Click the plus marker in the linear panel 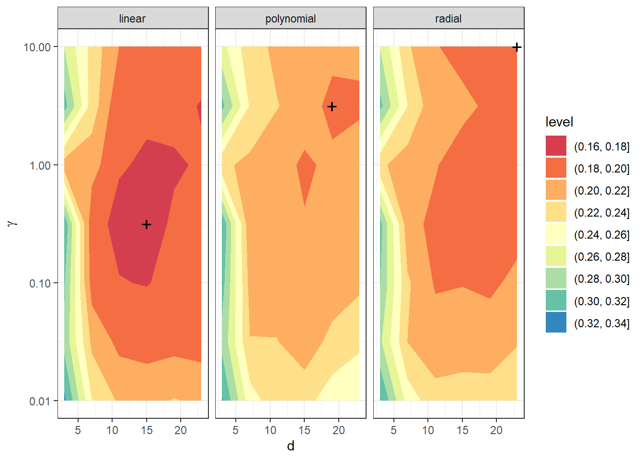pyautogui.click(x=147, y=224)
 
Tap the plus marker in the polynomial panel pyautogui.click(x=332, y=106)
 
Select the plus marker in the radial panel pyautogui.click(x=517, y=47)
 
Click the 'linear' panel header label pyautogui.click(x=132, y=19)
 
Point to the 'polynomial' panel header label pyautogui.click(x=290, y=19)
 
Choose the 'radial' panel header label pyautogui.click(x=448, y=19)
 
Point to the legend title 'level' pyautogui.click(x=559, y=122)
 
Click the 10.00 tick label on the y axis pyautogui.click(x=37, y=47)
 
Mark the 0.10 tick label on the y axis pyautogui.click(x=40, y=283)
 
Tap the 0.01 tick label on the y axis pyautogui.click(x=40, y=401)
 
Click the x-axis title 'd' pyautogui.click(x=290, y=446)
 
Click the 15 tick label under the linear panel pyautogui.click(x=147, y=430)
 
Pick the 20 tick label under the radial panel pyautogui.click(x=496, y=430)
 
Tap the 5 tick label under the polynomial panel pyautogui.click(x=235, y=430)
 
